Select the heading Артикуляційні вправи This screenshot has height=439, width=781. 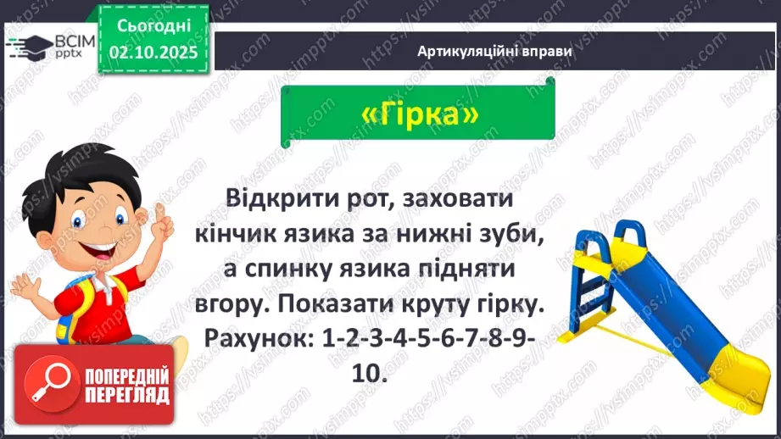(494, 51)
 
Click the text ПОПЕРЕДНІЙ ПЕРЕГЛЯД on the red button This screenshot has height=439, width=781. (127, 385)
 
